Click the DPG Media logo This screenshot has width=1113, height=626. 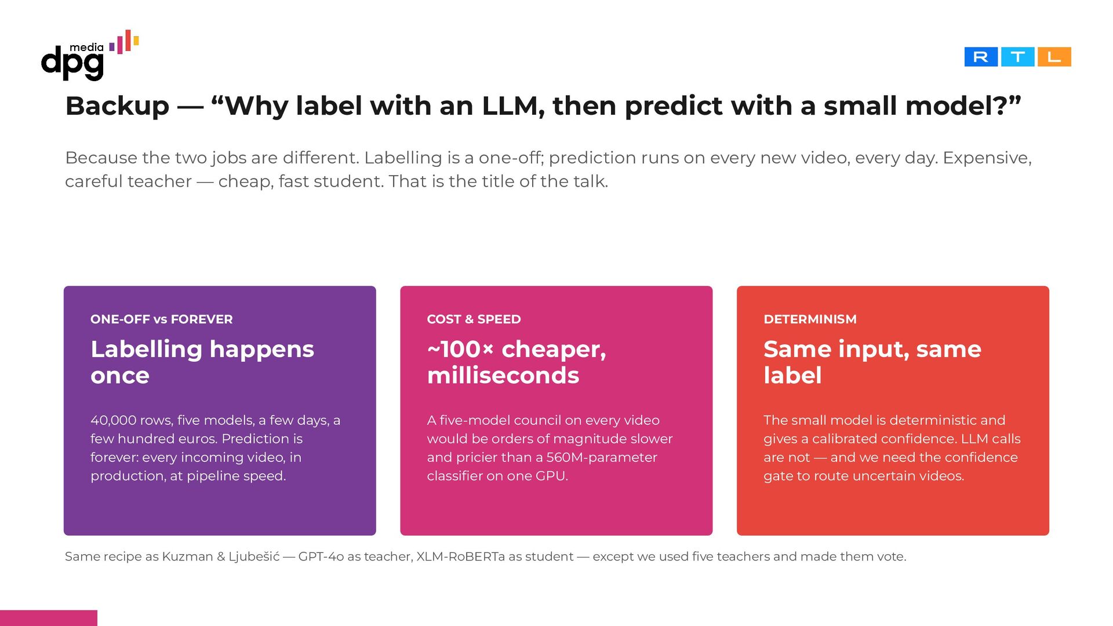[90, 55]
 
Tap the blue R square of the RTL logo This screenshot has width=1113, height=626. [981, 57]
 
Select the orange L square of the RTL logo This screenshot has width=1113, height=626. [1054, 57]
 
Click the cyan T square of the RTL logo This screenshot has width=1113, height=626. [1017, 57]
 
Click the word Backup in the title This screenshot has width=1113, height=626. [117, 106]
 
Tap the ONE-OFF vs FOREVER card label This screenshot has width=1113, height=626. [162, 319]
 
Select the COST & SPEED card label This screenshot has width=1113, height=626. [474, 319]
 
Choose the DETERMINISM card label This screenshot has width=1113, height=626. [810, 319]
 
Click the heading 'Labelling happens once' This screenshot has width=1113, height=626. [202, 362]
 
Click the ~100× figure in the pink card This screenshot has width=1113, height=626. [460, 349]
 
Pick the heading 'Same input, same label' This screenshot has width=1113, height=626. [872, 362]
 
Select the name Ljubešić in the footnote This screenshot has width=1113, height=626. [254, 556]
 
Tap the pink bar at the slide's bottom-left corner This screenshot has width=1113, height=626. [49, 618]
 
